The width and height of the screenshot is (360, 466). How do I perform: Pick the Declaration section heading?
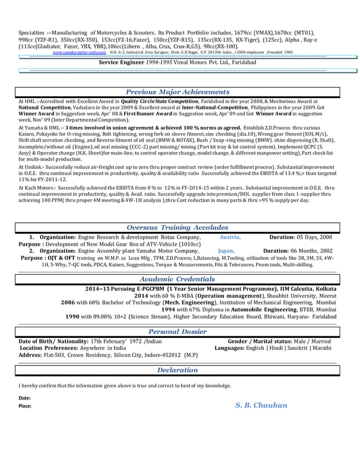178,370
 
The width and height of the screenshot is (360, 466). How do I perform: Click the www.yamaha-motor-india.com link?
79,50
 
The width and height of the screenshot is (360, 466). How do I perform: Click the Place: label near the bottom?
25,406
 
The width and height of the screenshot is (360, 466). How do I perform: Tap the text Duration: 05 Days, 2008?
301,237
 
